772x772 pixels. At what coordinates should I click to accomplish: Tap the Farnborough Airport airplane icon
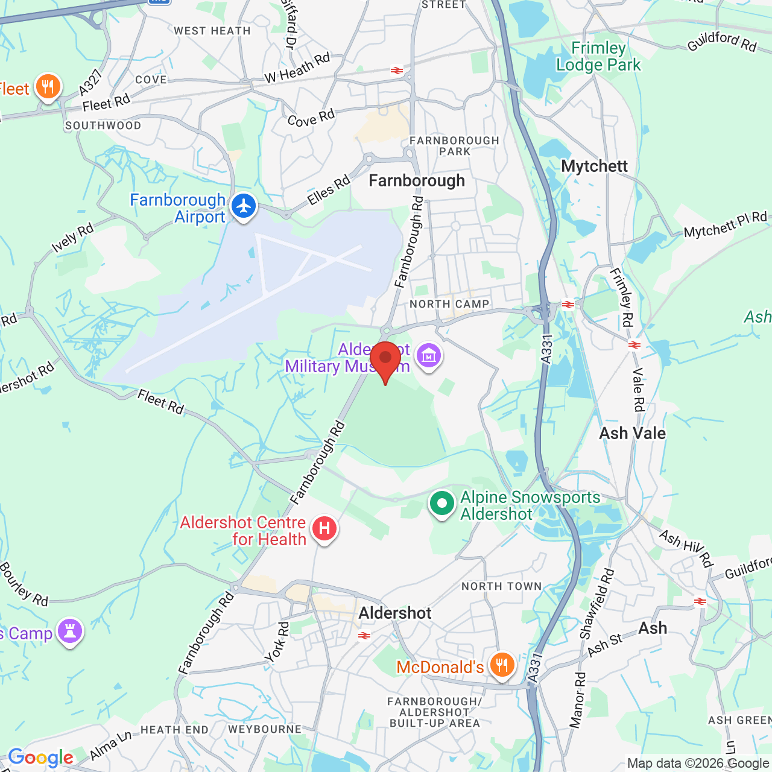(x=244, y=206)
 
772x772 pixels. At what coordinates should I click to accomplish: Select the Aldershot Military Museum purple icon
(x=429, y=355)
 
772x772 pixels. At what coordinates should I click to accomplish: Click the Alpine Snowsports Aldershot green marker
(x=441, y=504)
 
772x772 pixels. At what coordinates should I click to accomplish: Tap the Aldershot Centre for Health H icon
(x=324, y=529)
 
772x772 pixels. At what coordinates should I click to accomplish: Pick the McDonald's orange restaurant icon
(x=502, y=665)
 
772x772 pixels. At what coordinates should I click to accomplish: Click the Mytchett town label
(x=594, y=166)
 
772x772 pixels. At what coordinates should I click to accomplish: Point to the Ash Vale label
(x=632, y=433)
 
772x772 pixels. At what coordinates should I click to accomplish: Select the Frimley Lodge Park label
(x=598, y=57)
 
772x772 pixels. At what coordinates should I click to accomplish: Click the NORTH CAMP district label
(x=449, y=304)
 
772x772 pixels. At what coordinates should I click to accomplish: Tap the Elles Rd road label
(x=329, y=190)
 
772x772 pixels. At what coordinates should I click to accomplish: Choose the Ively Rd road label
(x=72, y=238)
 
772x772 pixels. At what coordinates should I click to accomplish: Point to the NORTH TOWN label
(x=501, y=586)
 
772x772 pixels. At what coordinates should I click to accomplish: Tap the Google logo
(x=40, y=758)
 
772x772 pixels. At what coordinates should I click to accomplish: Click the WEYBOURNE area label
(x=265, y=729)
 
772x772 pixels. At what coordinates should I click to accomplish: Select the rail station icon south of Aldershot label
(x=364, y=636)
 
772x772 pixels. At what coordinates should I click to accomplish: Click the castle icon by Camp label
(x=70, y=631)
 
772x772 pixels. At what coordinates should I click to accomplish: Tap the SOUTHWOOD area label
(x=103, y=125)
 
